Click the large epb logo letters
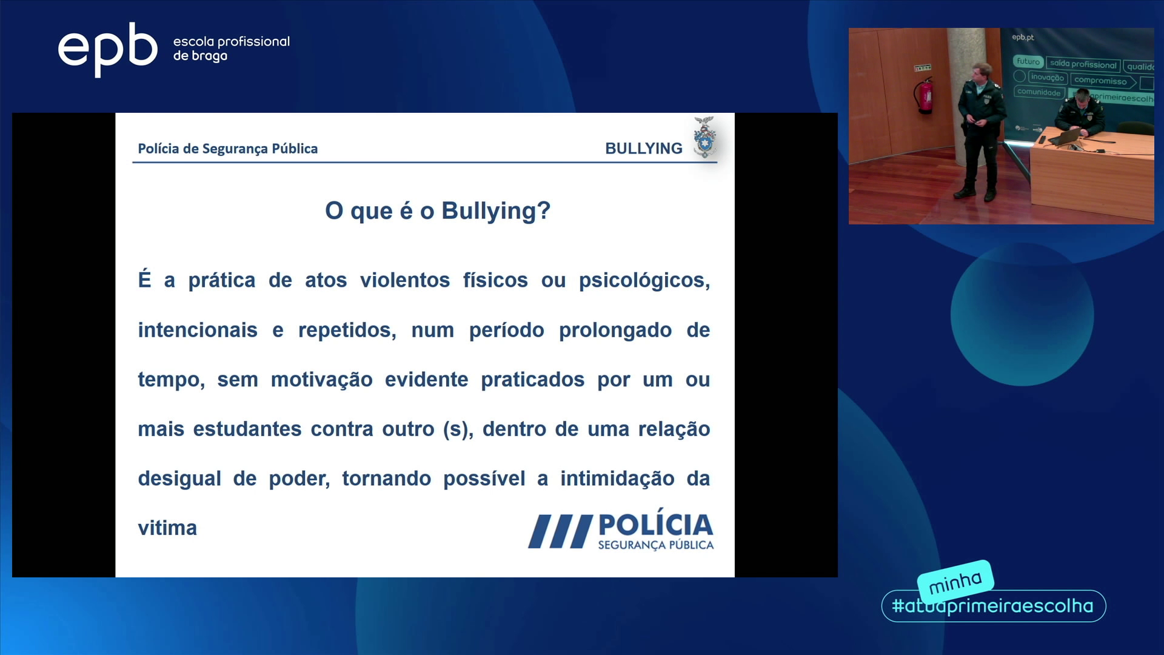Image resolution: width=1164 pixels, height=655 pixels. (x=107, y=49)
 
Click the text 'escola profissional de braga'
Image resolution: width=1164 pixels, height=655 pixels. (x=232, y=49)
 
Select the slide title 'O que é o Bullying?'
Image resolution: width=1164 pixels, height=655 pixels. (x=438, y=211)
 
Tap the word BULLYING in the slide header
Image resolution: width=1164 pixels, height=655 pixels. (x=644, y=149)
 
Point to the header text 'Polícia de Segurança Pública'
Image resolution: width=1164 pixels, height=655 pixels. (x=228, y=149)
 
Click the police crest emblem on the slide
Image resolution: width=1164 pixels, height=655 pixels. (x=704, y=138)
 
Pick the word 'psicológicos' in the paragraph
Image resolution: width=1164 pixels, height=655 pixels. (x=644, y=281)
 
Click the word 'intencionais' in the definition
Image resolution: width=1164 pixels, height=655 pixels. (x=198, y=330)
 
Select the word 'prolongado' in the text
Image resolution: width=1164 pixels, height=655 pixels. (x=615, y=331)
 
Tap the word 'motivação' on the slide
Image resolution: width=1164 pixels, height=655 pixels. (x=322, y=380)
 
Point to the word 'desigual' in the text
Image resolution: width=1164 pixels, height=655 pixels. (x=179, y=479)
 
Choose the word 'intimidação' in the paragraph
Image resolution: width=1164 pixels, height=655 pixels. (x=617, y=479)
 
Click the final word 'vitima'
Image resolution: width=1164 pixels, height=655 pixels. (x=167, y=528)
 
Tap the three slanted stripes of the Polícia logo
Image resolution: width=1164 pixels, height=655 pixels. (x=560, y=531)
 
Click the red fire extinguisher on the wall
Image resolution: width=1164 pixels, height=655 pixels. (x=925, y=95)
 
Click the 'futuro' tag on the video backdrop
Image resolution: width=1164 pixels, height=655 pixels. (x=1028, y=61)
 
